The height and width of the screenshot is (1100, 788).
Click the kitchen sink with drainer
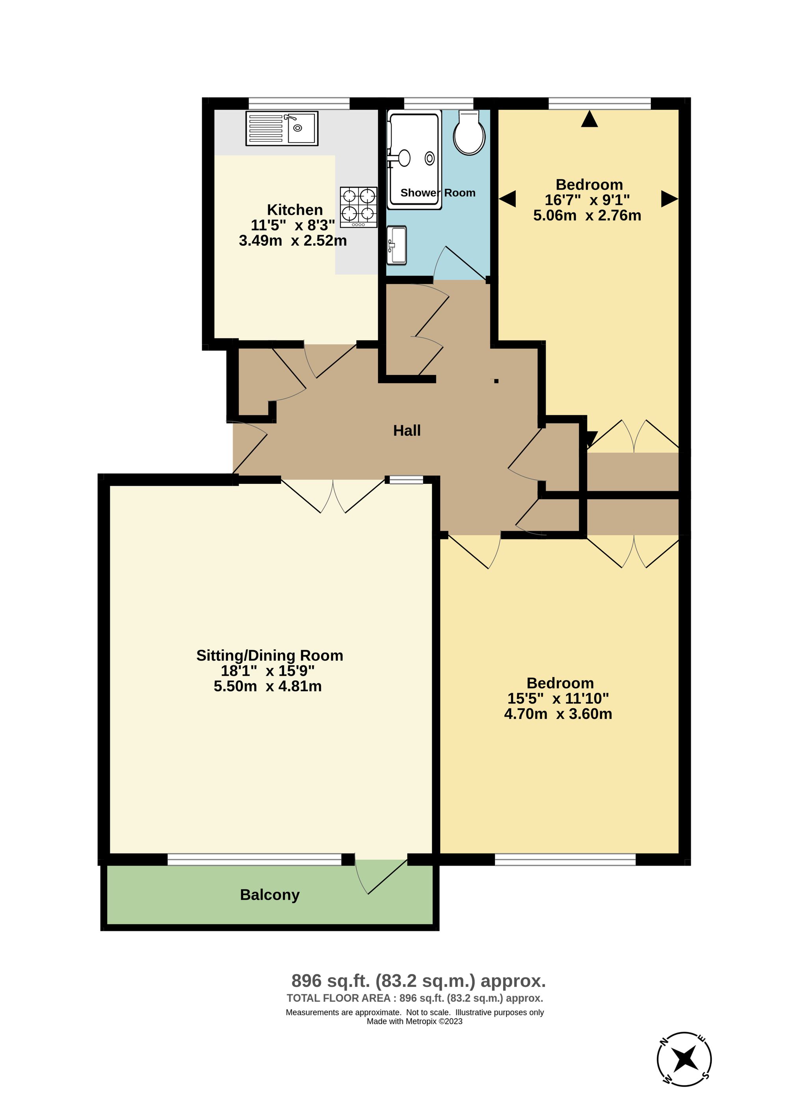tap(281, 128)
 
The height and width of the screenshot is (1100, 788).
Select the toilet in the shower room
tap(469, 132)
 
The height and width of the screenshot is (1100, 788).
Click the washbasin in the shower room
tap(397, 245)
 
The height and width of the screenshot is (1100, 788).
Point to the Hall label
tap(406, 430)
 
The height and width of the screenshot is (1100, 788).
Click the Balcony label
tap(269, 894)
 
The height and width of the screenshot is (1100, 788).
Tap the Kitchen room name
tap(295, 210)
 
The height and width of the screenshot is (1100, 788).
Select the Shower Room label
tap(437, 193)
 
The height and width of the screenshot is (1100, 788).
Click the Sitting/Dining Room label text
tap(269, 655)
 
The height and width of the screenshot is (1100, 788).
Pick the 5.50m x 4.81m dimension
tap(268, 686)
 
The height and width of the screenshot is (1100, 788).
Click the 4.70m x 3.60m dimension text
tap(558, 714)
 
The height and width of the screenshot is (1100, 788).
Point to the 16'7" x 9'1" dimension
tap(587, 200)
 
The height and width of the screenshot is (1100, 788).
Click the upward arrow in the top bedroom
tap(589, 119)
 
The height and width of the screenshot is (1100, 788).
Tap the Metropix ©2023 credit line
tap(414, 1021)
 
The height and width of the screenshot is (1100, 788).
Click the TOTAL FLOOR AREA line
tap(414, 998)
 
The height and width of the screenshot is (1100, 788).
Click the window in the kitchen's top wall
tap(299, 103)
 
